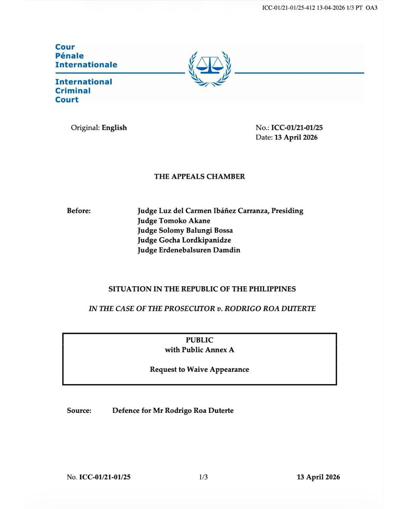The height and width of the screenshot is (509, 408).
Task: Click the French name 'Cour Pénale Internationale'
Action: (x=86, y=56)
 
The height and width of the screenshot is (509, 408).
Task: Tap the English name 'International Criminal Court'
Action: (x=84, y=91)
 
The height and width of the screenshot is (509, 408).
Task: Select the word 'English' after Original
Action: (x=114, y=128)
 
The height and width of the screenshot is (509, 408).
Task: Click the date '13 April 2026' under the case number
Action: (x=296, y=138)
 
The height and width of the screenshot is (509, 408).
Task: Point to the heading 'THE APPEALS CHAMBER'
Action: (x=200, y=177)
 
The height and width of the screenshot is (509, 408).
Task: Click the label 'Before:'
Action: (x=79, y=211)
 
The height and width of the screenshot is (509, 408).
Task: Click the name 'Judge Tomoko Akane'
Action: (x=174, y=221)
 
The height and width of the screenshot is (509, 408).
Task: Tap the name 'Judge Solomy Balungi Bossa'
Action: (x=185, y=231)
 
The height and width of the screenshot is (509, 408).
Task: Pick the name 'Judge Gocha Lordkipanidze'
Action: (x=184, y=240)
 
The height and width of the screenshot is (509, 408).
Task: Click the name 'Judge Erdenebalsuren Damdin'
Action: (x=189, y=250)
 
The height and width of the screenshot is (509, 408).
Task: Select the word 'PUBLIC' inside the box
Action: (x=200, y=340)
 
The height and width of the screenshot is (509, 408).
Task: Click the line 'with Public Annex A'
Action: (x=200, y=350)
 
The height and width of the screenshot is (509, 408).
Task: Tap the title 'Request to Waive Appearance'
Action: (x=200, y=369)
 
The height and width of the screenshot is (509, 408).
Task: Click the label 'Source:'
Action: (x=79, y=411)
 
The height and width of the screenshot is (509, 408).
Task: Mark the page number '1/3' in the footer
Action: (x=203, y=477)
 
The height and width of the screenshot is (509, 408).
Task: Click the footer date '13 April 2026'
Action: (x=318, y=477)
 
